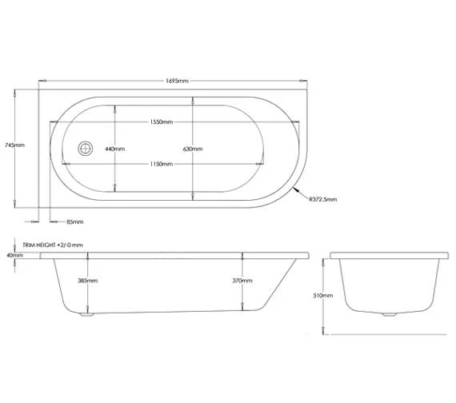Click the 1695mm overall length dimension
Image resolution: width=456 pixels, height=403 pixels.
point(174,81)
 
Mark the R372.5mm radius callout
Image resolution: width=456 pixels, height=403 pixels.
point(323,199)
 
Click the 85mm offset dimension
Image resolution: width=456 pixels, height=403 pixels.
point(74,221)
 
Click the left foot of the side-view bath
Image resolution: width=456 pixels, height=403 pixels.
point(87,316)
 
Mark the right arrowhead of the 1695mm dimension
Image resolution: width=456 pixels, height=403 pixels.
point(307,81)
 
